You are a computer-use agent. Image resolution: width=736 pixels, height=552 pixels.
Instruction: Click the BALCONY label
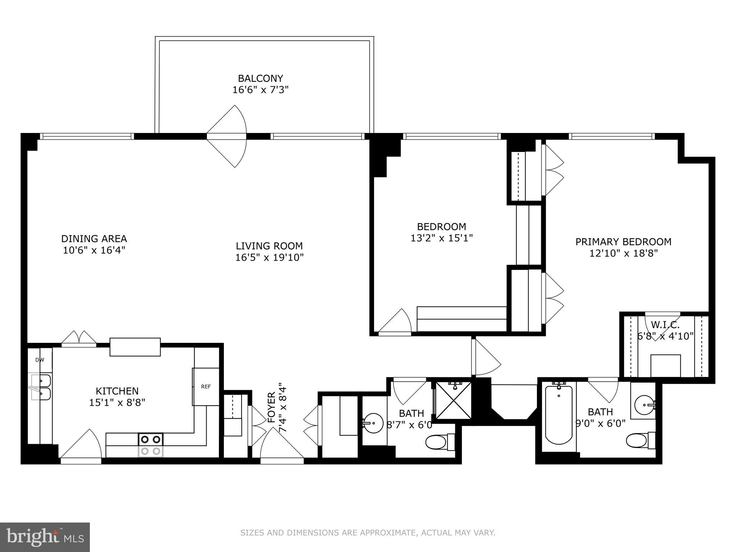coord(260,78)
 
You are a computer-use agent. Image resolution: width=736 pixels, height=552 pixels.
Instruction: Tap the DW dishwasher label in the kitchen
coord(40,360)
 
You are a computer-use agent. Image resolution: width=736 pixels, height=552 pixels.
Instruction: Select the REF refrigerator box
coord(206,387)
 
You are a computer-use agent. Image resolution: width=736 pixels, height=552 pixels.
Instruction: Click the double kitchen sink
coord(40,387)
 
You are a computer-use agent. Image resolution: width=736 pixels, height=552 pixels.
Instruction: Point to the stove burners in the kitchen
coord(151,445)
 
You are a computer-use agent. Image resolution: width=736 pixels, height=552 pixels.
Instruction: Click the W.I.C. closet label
coord(665,325)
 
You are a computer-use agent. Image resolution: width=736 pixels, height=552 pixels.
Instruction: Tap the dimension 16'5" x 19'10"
coord(270,257)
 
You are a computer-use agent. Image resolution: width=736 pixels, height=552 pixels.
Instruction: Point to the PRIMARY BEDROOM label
coord(623,242)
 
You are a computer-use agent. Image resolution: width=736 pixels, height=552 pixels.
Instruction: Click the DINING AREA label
coord(94,239)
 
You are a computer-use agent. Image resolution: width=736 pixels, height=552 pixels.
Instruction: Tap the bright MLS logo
coord(45,537)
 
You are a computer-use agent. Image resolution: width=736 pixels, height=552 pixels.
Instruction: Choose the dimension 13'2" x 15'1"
coord(441,238)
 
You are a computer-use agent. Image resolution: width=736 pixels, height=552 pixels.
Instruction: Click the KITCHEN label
coord(117,391)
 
